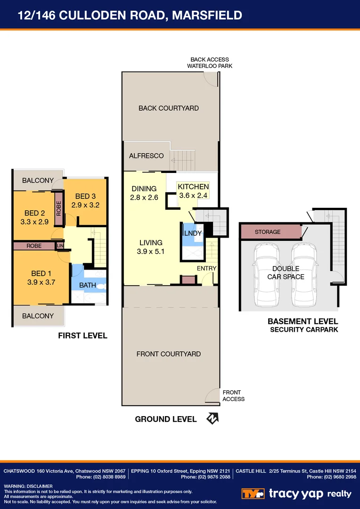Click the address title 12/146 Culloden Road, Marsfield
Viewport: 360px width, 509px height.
coord(130,16)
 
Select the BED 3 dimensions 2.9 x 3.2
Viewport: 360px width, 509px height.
coord(86,205)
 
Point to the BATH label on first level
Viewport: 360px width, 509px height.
coord(88,285)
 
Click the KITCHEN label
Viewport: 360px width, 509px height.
coord(193,187)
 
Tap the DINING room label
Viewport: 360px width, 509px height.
coord(144,189)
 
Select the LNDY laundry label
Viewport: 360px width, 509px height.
coord(193,233)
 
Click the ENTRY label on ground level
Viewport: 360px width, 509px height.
coord(207,268)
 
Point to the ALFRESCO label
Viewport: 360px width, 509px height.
coord(146,156)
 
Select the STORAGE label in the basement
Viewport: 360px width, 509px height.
coord(267,232)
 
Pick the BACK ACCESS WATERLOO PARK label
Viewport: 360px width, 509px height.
coord(210,63)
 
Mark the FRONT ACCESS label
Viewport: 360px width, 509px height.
coord(233,395)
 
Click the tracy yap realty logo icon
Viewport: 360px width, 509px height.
coord(253,493)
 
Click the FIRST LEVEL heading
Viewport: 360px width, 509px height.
coord(82,336)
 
